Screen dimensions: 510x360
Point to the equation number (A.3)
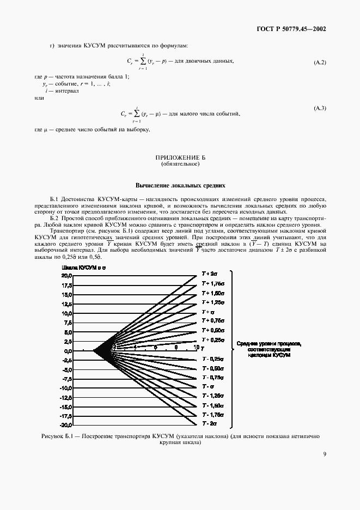coord(320,109)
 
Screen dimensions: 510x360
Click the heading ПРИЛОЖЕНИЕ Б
coord(180,157)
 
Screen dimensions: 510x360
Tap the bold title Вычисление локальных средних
coord(180,185)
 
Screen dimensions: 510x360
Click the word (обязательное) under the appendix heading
coord(180,163)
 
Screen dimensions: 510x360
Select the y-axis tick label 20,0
coord(65,276)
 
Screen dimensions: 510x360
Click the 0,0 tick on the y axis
coord(66,350)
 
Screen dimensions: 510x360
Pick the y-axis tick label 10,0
coord(65,313)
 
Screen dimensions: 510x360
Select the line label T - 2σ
coord(209,423)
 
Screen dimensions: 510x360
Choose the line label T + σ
coord(208,312)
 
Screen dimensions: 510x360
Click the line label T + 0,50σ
coord(213,330)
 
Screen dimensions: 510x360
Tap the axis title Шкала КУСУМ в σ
coord(81,268)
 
